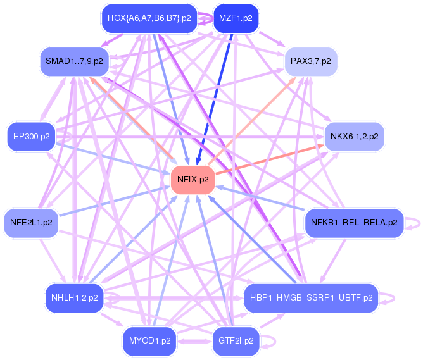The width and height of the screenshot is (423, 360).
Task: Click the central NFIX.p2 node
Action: pos(193,179)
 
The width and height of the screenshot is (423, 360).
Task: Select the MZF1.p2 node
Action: pos(236,18)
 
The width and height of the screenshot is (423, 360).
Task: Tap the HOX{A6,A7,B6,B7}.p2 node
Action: pos(149,18)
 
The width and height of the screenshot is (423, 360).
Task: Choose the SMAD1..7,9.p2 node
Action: pos(73,61)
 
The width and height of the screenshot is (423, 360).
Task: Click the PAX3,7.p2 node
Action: pos(315,61)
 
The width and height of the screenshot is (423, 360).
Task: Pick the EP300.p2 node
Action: pos(32,136)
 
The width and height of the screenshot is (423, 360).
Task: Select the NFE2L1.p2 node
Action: pos(31,222)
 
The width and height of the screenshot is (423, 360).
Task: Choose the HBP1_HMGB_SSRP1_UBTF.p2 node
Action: pos(310,296)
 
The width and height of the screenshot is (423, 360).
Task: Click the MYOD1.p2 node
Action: pos(149,340)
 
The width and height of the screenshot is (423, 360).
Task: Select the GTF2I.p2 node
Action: pos(236,340)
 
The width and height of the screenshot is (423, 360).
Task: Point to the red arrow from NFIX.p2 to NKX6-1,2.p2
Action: pos(272,159)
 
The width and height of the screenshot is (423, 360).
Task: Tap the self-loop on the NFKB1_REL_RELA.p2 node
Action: pos(414,222)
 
